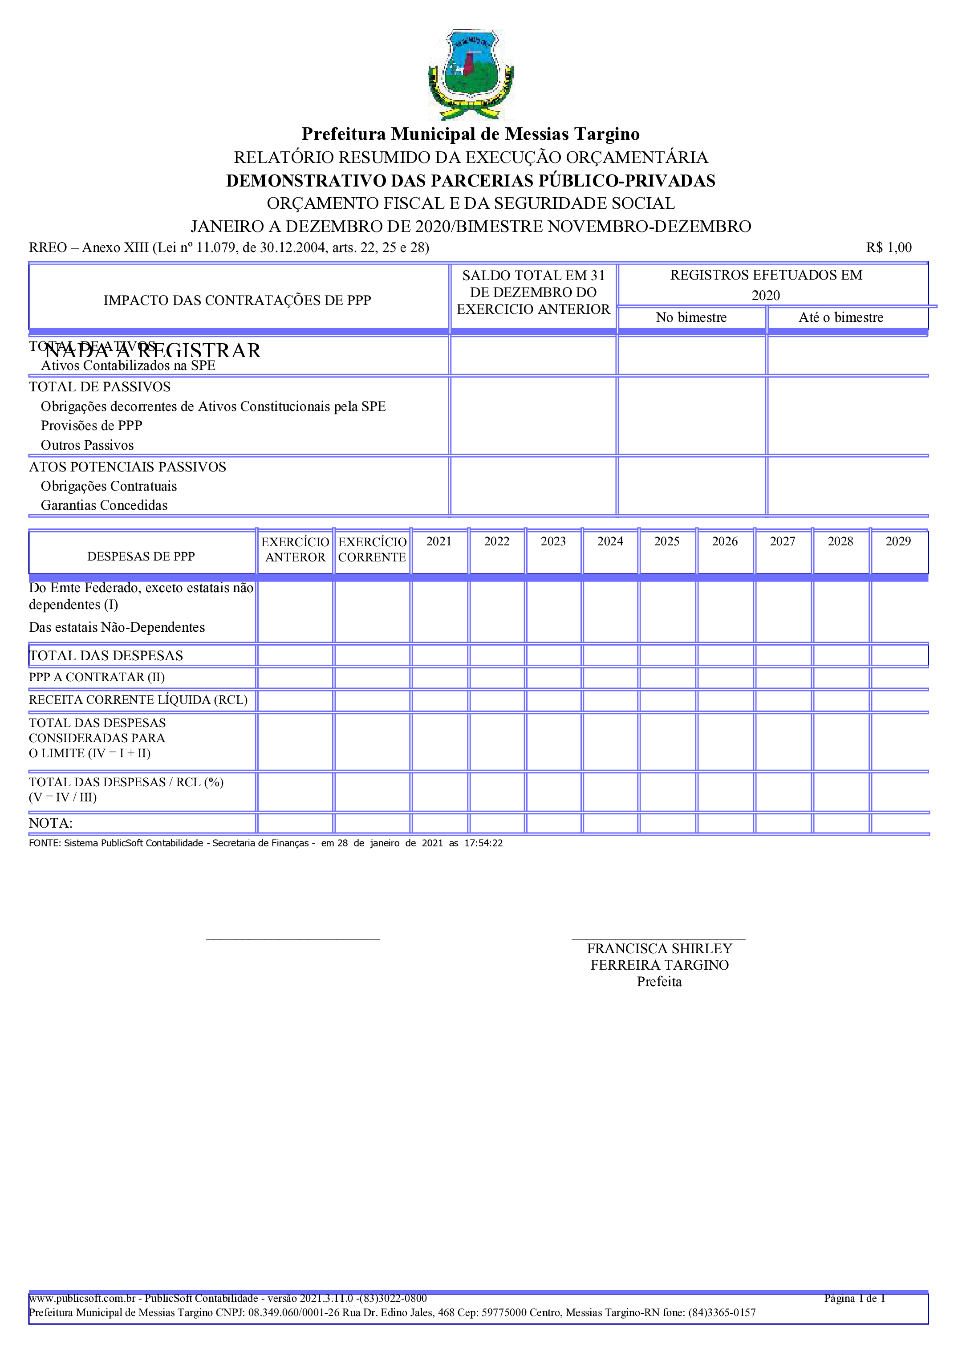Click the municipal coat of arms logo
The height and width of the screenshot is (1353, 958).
coord(471,74)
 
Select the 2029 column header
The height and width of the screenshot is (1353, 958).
coord(898,541)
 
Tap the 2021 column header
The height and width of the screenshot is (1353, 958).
coord(439,541)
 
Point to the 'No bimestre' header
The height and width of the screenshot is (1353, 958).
coord(691,317)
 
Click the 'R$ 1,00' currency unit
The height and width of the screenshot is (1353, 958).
coord(889,248)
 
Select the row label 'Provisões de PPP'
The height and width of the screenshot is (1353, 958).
coord(91,426)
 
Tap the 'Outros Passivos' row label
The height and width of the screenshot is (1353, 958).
coord(87,445)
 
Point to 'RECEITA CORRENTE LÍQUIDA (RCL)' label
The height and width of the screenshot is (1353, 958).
coord(138,700)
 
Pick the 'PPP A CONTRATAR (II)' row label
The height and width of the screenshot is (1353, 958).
coord(97,677)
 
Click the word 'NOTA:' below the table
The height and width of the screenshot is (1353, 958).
coord(51,823)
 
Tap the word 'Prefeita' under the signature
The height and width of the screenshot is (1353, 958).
coord(659,981)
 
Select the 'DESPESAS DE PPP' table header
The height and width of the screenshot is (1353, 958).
coord(141,556)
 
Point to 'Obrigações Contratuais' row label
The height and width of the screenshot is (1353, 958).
coord(109,487)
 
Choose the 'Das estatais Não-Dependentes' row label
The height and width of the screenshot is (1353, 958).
coord(117,628)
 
